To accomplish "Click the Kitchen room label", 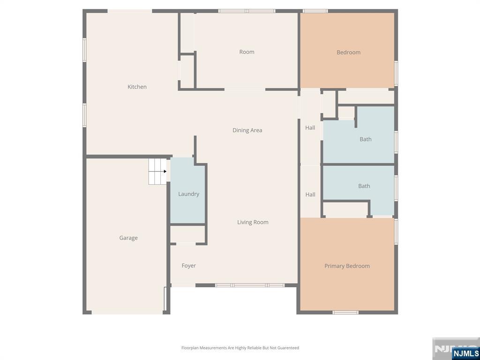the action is click(137, 87).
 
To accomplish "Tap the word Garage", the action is click(128, 238).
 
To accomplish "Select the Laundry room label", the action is click(188, 194).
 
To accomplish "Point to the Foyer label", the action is click(188, 266).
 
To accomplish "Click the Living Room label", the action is click(253, 222).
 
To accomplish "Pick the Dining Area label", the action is click(247, 130).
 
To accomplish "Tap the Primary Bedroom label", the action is click(347, 266).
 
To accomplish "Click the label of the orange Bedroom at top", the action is click(348, 52).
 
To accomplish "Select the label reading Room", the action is click(247, 52).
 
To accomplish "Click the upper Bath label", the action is click(366, 139).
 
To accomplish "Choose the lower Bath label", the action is click(364, 186).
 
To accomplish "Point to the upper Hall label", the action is click(310, 127).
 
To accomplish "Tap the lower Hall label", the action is click(310, 195).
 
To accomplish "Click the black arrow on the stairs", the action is click(165, 172).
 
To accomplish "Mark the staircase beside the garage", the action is click(157, 172).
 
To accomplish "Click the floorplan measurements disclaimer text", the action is click(240, 348).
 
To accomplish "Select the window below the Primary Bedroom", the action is click(345, 313).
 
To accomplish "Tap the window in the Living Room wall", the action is click(249, 285).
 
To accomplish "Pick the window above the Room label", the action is click(247, 11).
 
